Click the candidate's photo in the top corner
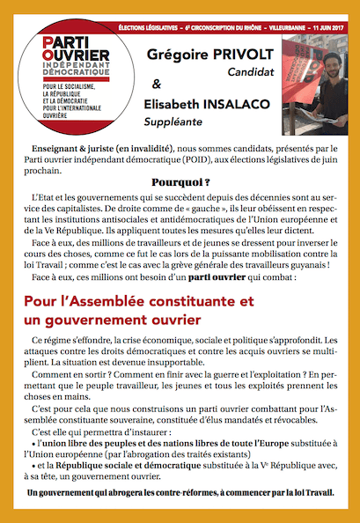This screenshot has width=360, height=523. [323, 70]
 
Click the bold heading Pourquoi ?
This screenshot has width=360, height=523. [180, 181]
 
